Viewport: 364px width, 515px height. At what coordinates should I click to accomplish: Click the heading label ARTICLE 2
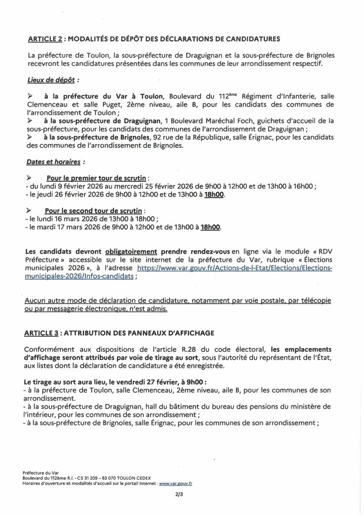point(45,39)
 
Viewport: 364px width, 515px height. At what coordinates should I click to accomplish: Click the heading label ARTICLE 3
point(45,333)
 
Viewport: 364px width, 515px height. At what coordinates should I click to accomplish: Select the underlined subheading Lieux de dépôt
point(53,80)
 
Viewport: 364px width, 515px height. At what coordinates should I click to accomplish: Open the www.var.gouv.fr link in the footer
point(175,483)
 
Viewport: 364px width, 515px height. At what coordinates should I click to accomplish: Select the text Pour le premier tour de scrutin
point(97,178)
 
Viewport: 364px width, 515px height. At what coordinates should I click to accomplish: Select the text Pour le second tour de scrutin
point(94,211)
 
